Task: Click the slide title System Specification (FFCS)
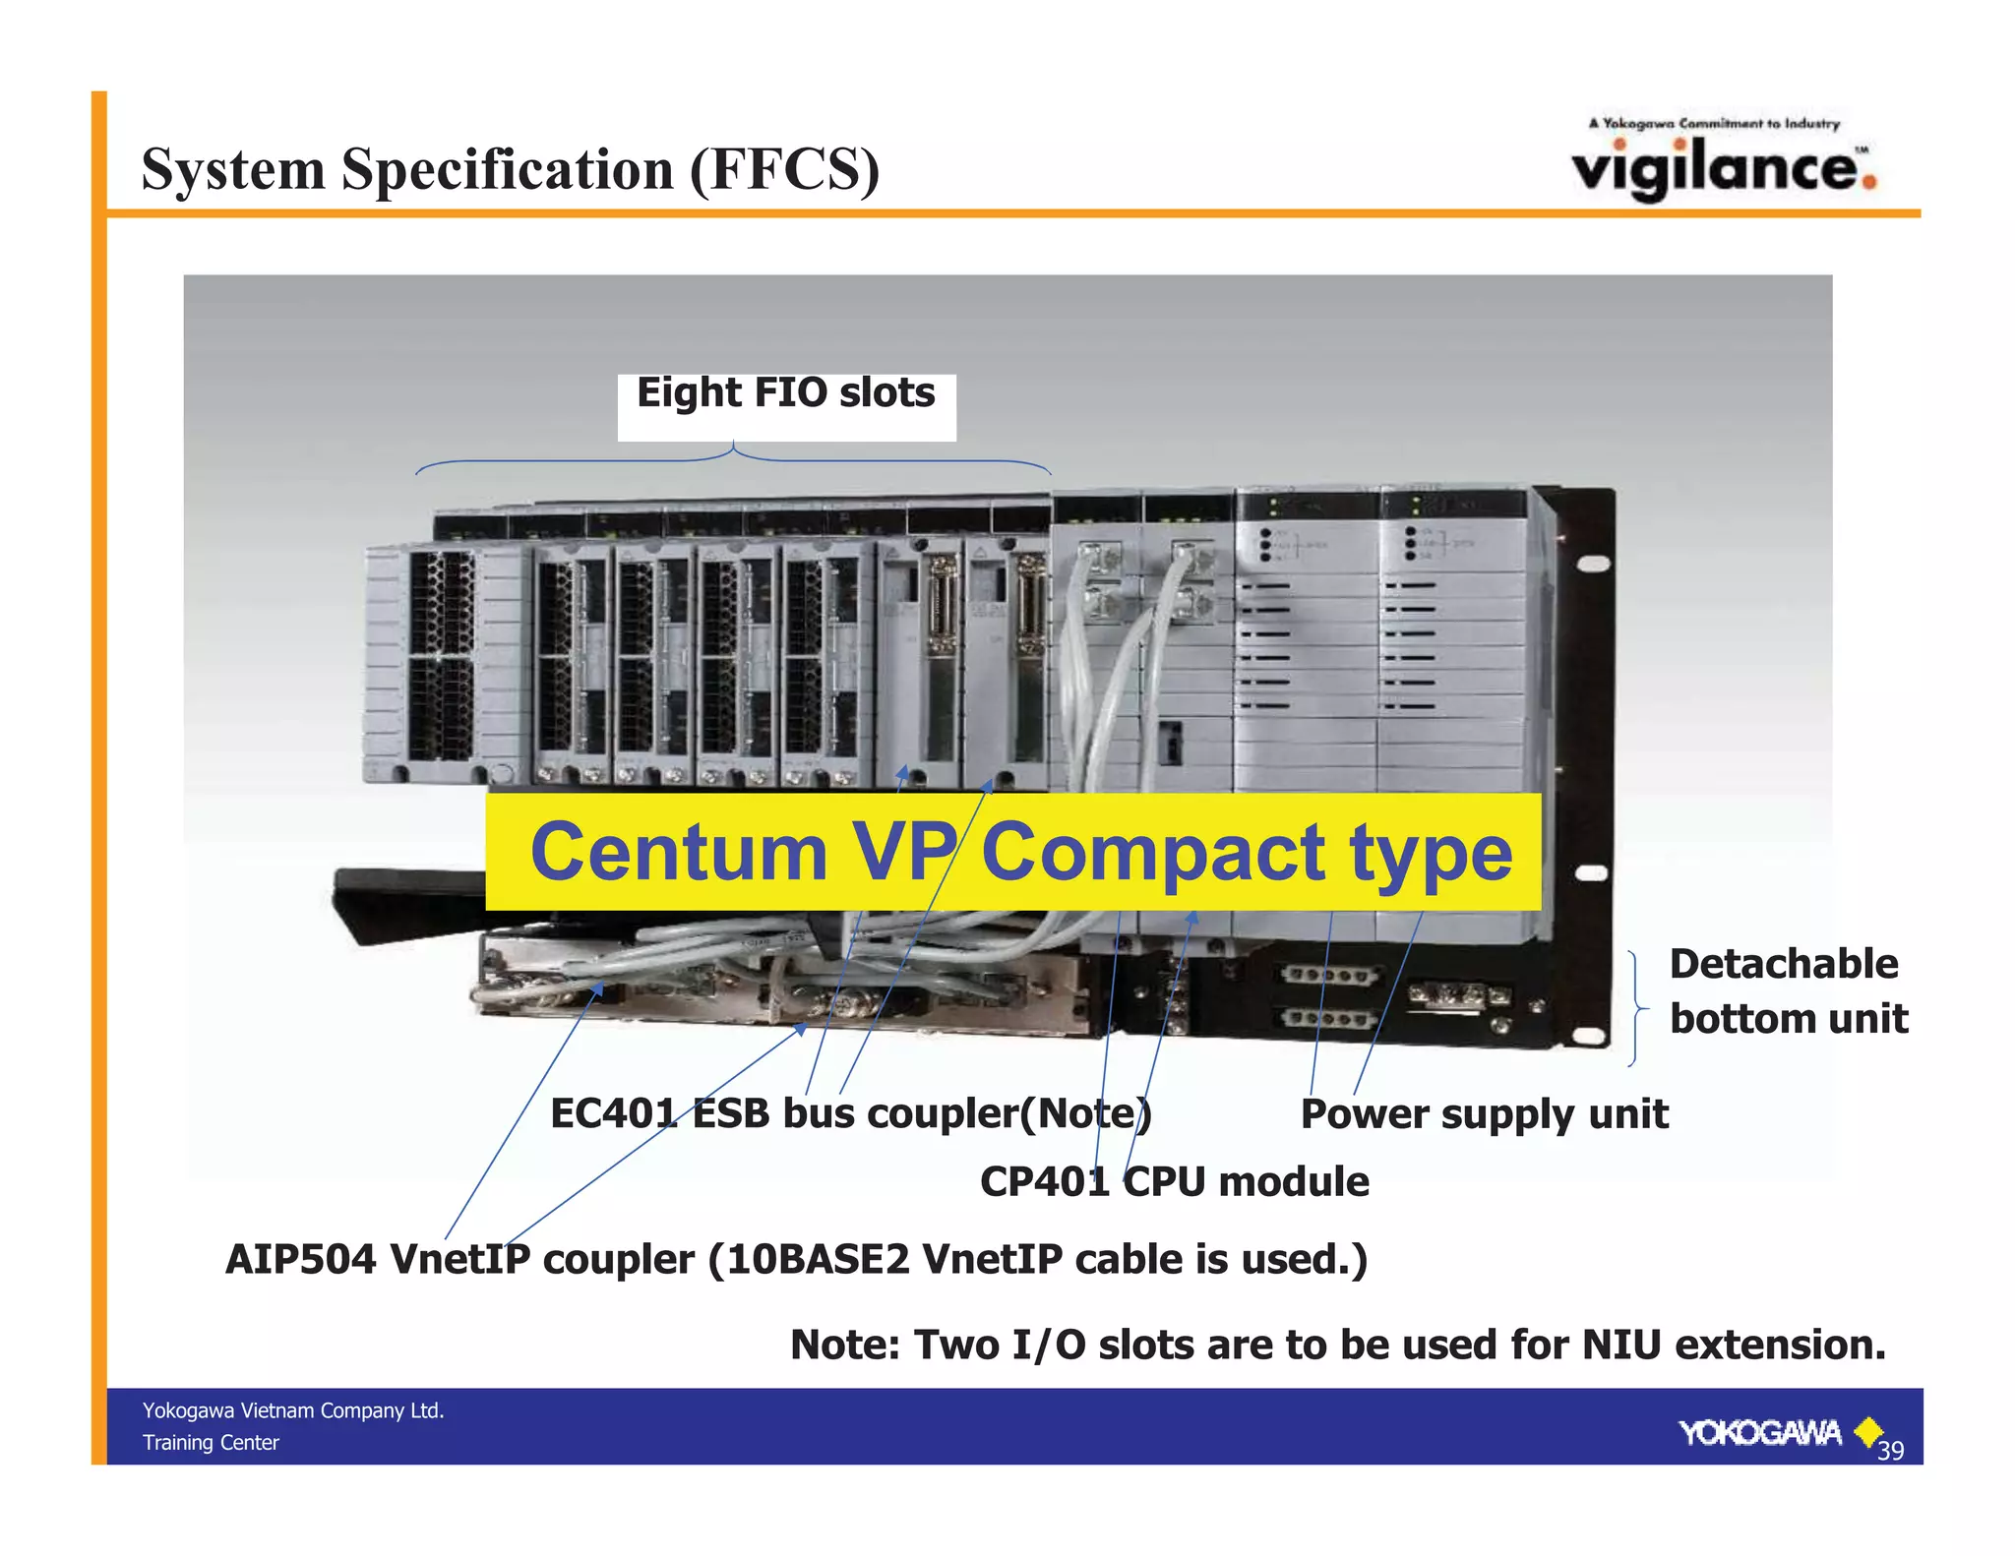tap(510, 169)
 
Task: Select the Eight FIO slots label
tap(785, 392)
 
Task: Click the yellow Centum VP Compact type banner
tap(1013, 852)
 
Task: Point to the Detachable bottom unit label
tap(1787, 991)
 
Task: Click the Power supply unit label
tap(1484, 1114)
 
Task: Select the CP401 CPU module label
tap(1174, 1181)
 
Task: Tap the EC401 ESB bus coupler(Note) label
tap(850, 1113)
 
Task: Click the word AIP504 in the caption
tap(300, 1260)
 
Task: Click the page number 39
tap(1890, 1450)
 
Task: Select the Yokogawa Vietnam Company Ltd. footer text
tap(293, 1410)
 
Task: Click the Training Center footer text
tap(211, 1443)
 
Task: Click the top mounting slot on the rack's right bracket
tap(1594, 564)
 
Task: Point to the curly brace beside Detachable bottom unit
tap(1636, 1008)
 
